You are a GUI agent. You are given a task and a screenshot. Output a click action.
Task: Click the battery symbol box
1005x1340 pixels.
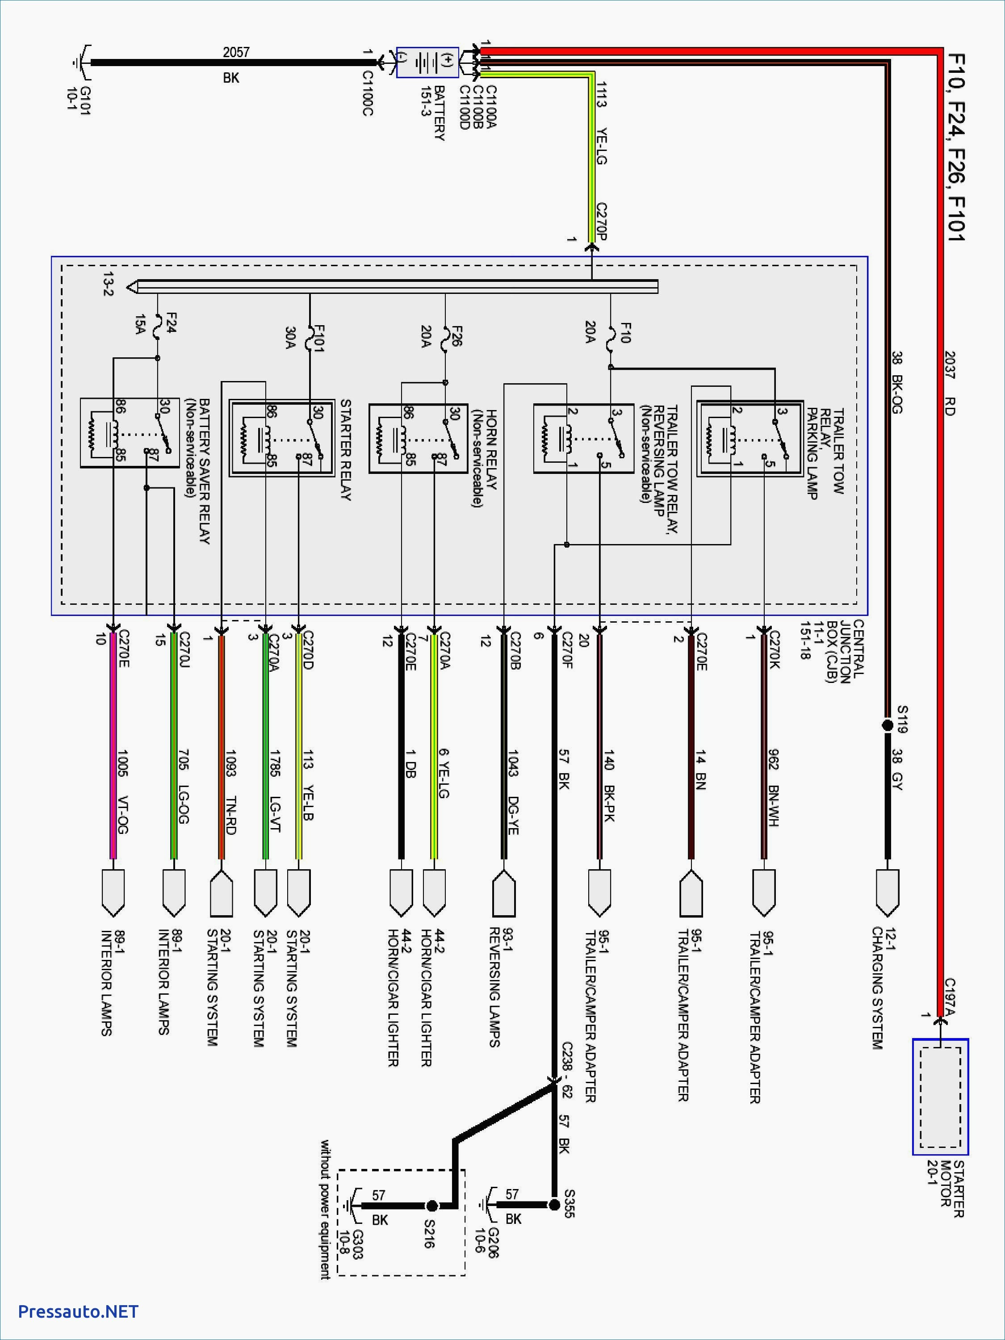427,63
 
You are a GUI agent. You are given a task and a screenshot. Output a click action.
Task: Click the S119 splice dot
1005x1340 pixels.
888,725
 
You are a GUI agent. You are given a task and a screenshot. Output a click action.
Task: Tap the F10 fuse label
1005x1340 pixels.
624,333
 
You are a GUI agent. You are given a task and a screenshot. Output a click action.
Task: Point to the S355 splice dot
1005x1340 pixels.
554,1205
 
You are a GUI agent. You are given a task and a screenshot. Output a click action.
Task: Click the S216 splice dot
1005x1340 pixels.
432,1206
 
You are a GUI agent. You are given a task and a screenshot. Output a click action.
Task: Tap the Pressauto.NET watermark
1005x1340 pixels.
78,1311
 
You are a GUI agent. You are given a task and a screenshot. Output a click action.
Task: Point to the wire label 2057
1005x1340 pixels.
236,52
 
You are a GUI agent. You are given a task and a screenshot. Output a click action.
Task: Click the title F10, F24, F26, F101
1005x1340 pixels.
956,148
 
